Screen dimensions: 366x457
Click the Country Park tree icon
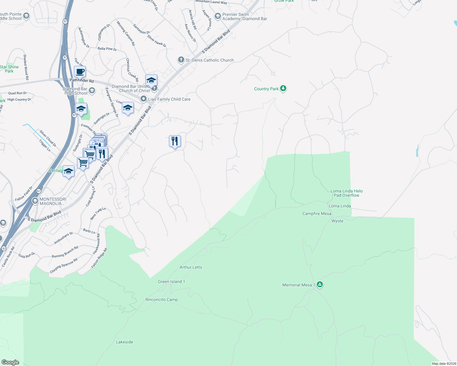point(283,88)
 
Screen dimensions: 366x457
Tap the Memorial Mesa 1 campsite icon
point(320,285)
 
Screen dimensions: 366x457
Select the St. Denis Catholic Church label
point(210,60)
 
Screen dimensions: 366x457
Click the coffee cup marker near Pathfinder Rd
point(80,72)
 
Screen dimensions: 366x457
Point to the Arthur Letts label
point(191,267)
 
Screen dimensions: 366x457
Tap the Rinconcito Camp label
point(162,300)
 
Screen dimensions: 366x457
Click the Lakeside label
point(125,342)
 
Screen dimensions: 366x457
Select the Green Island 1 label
point(171,282)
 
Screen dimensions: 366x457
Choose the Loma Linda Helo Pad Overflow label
point(346,193)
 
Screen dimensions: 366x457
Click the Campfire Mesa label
point(317,213)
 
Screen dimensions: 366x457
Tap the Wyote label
point(337,221)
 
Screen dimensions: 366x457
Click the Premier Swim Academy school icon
point(218,16)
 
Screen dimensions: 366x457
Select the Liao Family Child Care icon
point(144,99)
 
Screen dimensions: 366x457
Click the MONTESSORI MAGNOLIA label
point(53,201)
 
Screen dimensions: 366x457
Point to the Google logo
point(10,362)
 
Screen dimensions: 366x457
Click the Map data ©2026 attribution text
point(444,364)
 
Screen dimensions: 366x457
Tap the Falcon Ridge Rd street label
point(99,258)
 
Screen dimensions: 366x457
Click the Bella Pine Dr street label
point(107,49)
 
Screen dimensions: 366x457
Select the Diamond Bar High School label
point(75,91)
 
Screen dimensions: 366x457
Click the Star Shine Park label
point(9,69)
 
